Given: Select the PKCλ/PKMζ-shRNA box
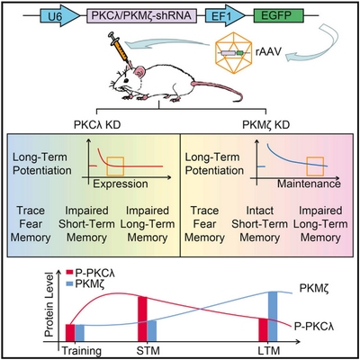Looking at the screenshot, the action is pyautogui.click(x=141, y=16).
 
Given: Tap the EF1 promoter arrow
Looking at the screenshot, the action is pyautogui.click(x=225, y=16).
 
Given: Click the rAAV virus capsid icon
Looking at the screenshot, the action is pyautogui.click(x=233, y=53).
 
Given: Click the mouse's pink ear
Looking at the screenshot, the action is pyautogui.click(x=139, y=73).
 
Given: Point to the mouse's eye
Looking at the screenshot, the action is pyautogui.click(x=126, y=81).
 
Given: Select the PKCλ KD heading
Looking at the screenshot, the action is pyautogui.click(x=97, y=124).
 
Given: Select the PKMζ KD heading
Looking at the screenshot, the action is pyautogui.click(x=265, y=124).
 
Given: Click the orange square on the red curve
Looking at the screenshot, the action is pyautogui.click(x=115, y=166).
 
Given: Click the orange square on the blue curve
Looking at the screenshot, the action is pyautogui.click(x=315, y=166).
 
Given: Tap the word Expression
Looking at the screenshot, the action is pyautogui.click(x=121, y=184).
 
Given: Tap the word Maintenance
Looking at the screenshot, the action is pyautogui.click(x=309, y=184).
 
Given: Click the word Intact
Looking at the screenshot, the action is pyautogui.click(x=260, y=211).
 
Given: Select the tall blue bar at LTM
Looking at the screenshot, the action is pyautogui.click(x=273, y=317).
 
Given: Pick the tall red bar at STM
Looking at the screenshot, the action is pyautogui.click(x=142, y=319).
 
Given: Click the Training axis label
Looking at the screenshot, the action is pyautogui.click(x=82, y=351).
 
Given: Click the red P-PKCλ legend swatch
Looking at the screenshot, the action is pyautogui.click(x=69, y=273).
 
